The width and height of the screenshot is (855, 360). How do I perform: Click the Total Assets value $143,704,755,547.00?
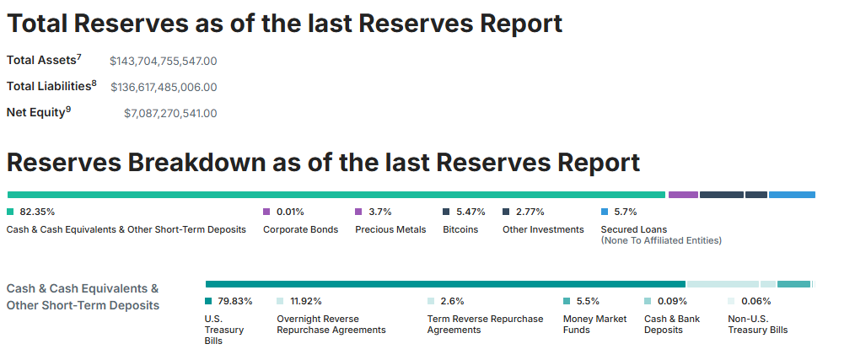click(x=163, y=61)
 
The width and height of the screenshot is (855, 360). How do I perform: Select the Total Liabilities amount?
click(x=164, y=88)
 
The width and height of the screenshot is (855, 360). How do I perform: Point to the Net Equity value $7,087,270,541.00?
click(x=170, y=114)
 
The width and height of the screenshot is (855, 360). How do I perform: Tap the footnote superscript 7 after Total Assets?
click(x=79, y=57)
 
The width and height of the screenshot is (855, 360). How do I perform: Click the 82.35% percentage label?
click(x=37, y=212)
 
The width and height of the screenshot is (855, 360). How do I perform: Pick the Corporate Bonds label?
click(x=300, y=229)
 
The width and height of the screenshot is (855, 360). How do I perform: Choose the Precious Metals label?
click(x=390, y=229)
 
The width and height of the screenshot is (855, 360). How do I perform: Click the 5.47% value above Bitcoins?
click(x=471, y=212)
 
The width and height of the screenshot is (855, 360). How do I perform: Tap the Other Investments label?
click(x=543, y=229)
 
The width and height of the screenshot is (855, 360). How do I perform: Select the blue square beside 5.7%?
click(x=605, y=212)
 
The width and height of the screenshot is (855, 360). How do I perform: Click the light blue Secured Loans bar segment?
click(x=792, y=195)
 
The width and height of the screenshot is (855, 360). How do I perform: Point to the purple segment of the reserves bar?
click(x=683, y=195)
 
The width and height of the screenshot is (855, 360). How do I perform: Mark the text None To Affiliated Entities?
click(x=661, y=240)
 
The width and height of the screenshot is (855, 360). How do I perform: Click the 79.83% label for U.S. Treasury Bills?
click(x=235, y=301)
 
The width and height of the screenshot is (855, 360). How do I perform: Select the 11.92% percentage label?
click(x=306, y=301)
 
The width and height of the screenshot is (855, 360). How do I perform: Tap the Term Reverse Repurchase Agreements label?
click(x=486, y=324)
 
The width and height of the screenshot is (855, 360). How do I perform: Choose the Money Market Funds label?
click(x=595, y=324)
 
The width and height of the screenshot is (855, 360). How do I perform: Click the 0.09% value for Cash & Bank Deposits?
click(x=672, y=301)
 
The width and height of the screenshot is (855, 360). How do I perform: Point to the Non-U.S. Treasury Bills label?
click(x=758, y=324)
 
